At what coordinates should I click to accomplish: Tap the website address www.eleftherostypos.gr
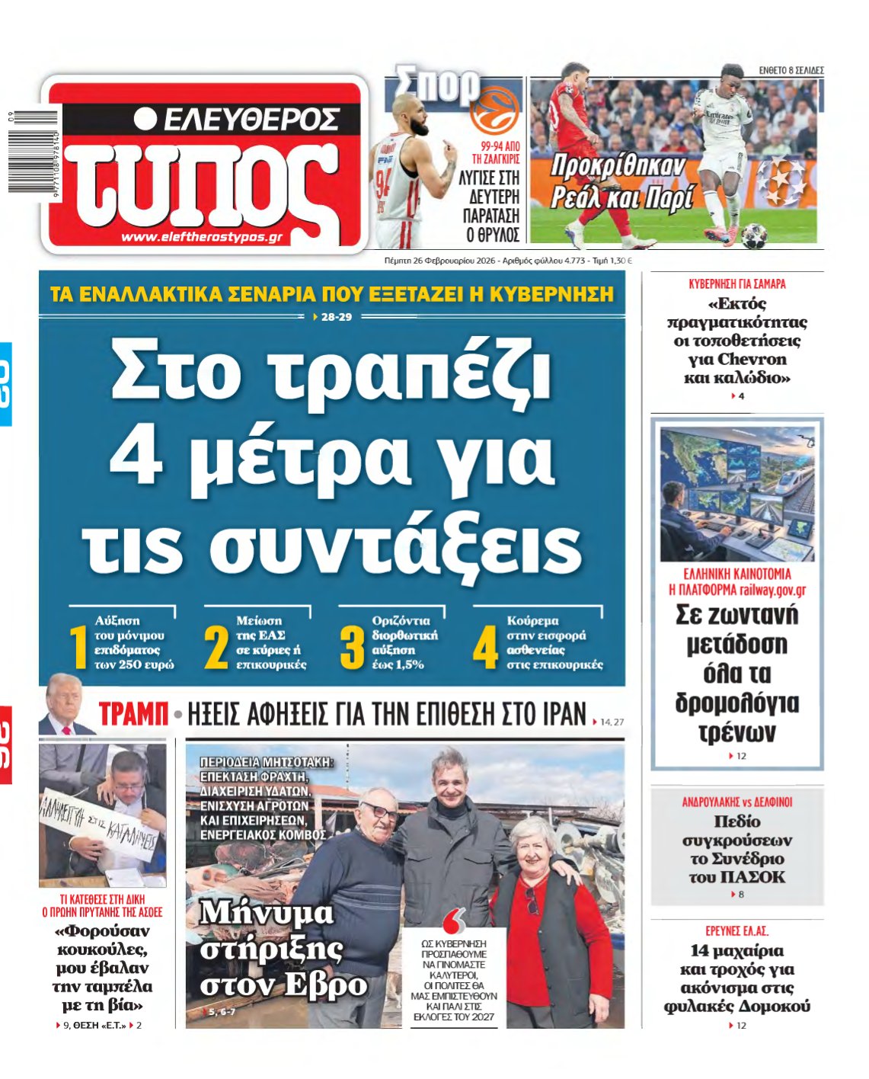(202, 237)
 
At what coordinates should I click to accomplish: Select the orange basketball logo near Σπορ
(493, 110)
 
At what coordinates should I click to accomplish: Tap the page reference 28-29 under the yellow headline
(337, 317)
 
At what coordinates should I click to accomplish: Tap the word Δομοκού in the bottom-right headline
(772, 1007)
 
